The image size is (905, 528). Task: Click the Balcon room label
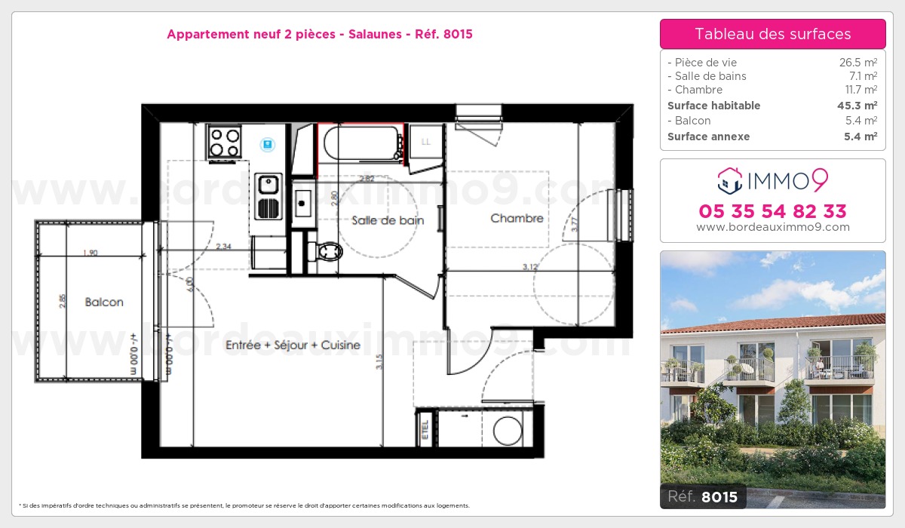[104, 302]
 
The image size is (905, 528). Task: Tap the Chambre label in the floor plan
[517, 219]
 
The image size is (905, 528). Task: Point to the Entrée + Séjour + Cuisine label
[293, 345]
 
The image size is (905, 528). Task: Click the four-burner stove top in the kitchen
[225, 141]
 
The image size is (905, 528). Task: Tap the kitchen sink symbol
[268, 185]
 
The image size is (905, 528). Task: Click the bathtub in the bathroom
[360, 143]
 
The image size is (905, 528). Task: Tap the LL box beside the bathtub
[425, 142]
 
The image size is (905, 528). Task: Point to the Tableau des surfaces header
[772, 34]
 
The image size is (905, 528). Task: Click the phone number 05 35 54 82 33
[772, 211]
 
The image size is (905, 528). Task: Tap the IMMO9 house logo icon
[729, 180]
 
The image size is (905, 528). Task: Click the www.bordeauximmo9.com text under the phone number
[772, 227]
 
